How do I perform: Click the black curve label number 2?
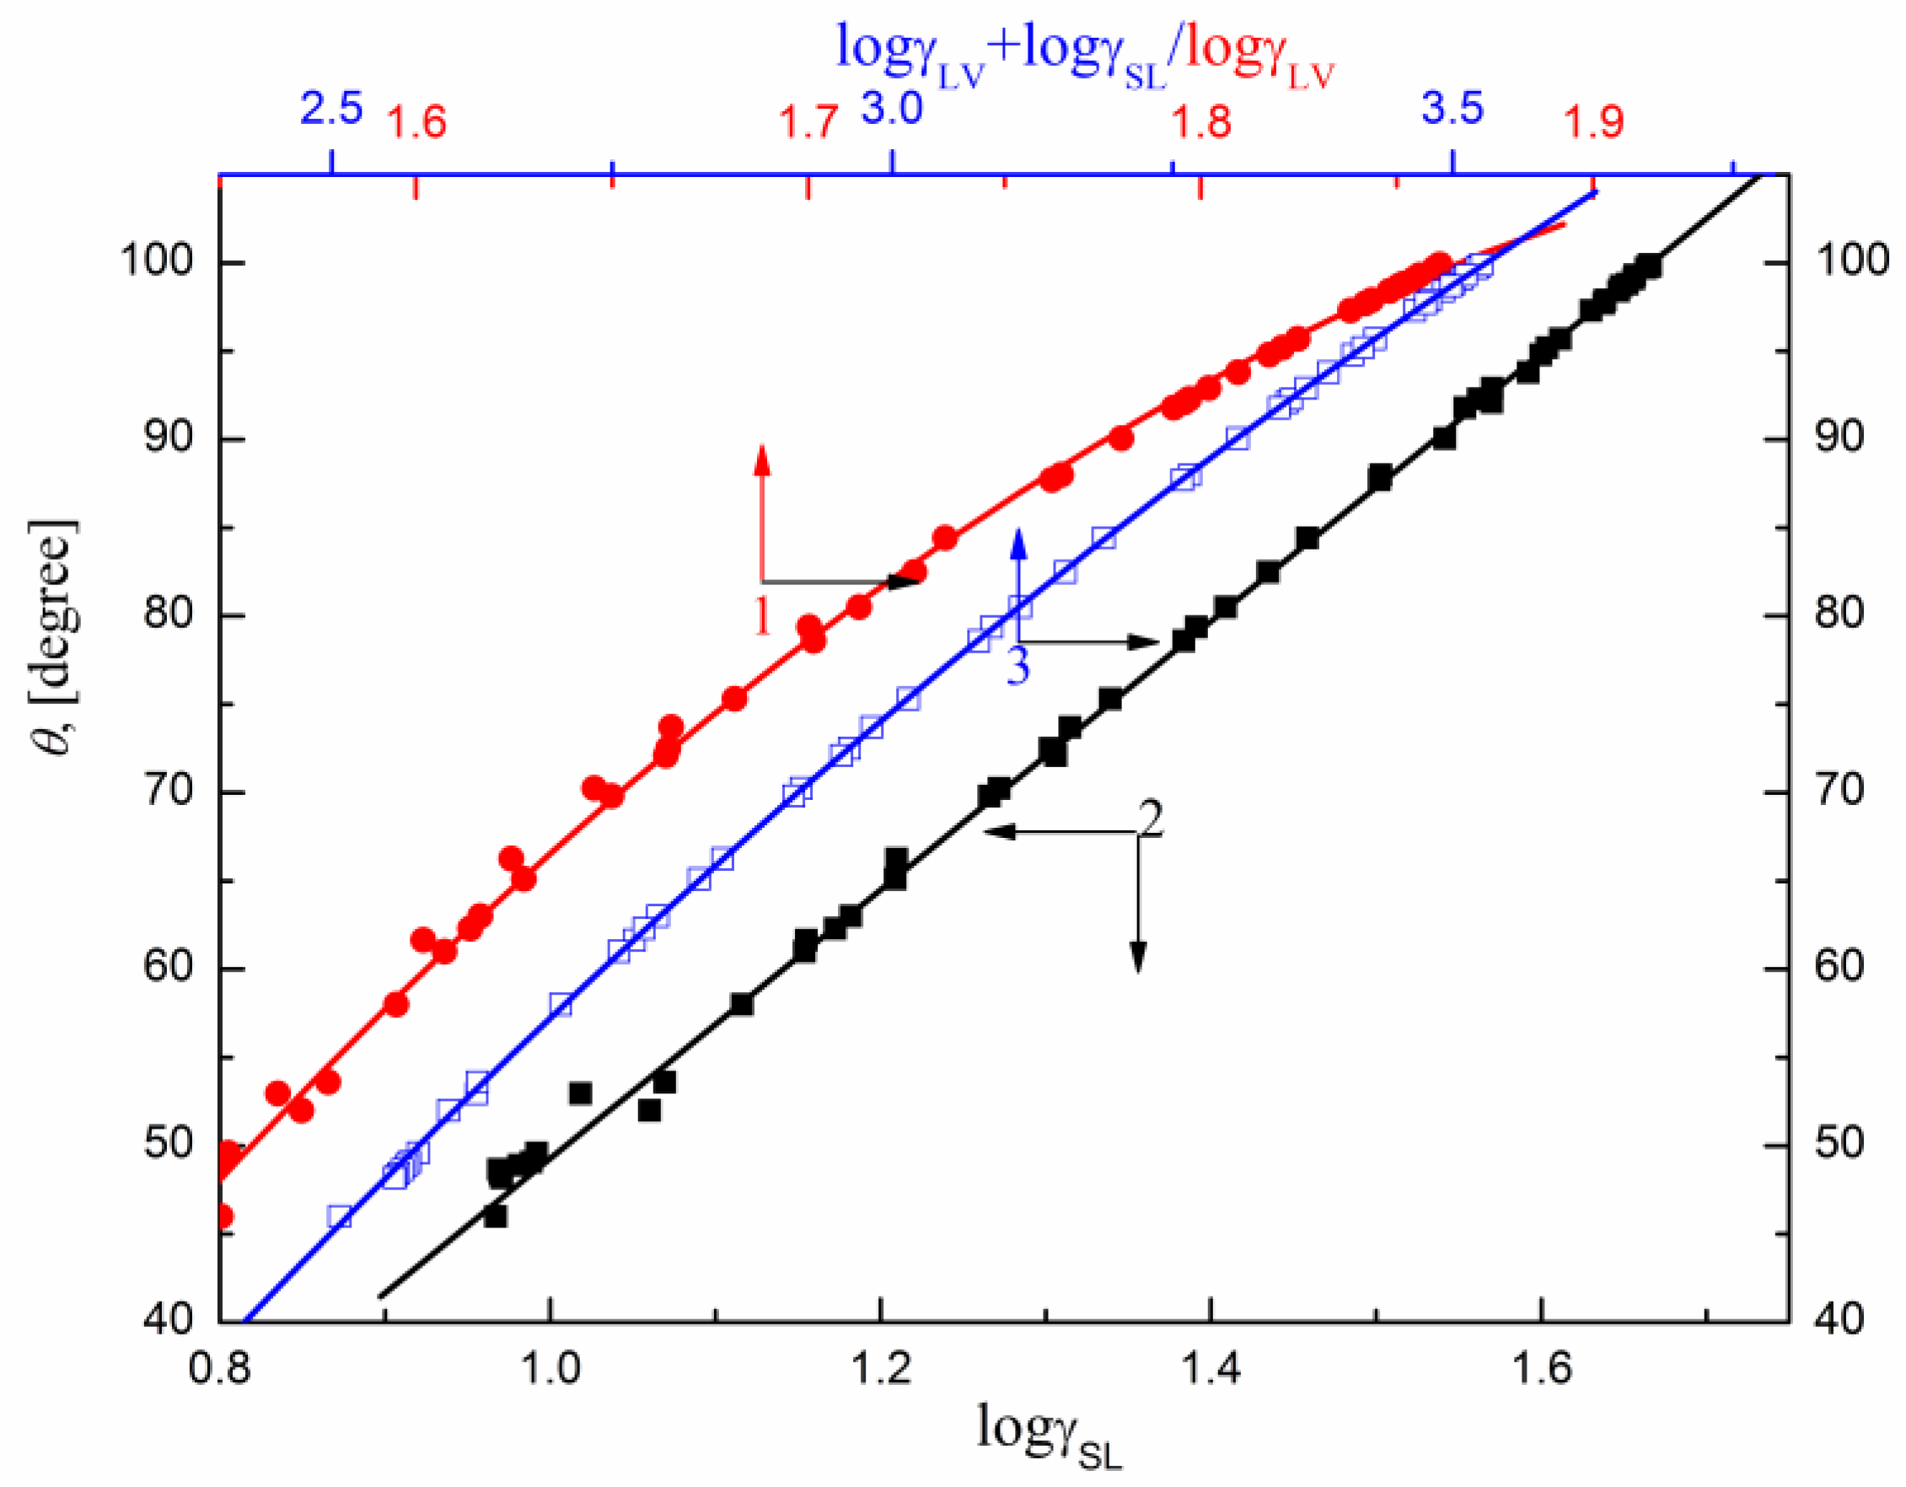coord(1150,819)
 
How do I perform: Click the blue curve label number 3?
coord(1017,667)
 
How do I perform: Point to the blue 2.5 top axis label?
coord(331,109)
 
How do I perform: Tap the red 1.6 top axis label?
coord(416,122)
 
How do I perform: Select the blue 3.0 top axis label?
coord(892,109)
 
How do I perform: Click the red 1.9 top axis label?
coord(1593,122)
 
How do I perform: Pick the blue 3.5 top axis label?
coord(1452,109)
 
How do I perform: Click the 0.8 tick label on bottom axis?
coord(219,1367)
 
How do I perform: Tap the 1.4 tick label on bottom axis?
coord(1210,1367)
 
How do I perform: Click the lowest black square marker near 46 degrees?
coord(495,1216)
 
